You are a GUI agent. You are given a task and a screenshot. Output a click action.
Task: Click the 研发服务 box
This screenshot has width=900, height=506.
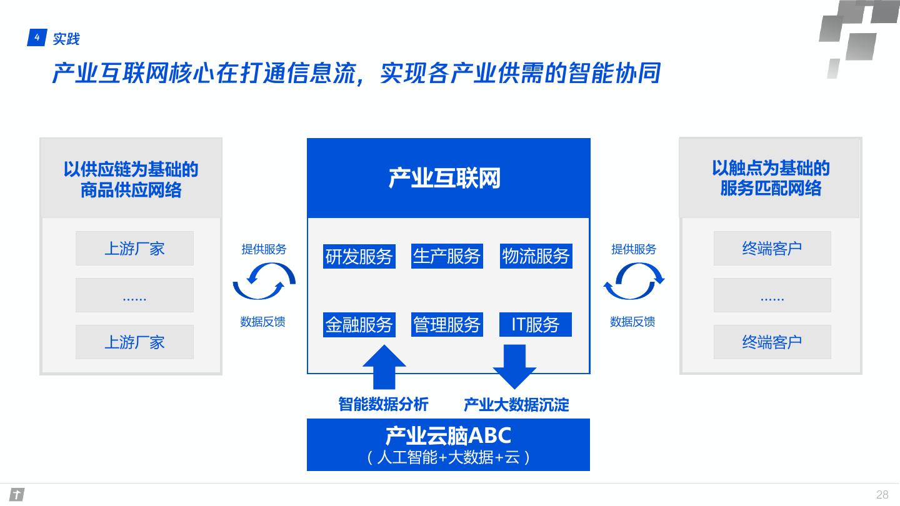click(359, 256)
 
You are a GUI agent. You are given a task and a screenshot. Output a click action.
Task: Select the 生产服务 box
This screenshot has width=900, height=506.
click(447, 256)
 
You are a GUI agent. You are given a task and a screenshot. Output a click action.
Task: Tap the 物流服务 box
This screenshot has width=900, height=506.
click(536, 256)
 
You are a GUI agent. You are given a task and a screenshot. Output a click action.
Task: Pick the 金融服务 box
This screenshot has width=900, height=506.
click(359, 324)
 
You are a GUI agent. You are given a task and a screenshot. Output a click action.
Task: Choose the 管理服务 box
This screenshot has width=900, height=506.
click(447, 324)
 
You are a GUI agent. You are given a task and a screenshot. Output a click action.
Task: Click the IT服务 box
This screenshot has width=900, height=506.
click(536, 324)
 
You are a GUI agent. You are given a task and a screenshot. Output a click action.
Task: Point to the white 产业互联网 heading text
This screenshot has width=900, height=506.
click(445, 179)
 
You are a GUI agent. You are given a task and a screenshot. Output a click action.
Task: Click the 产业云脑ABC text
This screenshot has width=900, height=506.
click(448, 435)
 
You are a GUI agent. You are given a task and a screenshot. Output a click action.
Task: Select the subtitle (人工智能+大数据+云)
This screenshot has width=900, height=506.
click(448, 458)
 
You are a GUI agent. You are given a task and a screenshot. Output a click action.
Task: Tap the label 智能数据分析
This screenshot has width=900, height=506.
click(384, 404)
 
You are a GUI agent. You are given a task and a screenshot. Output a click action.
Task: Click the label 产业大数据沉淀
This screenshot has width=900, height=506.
click(516, 405)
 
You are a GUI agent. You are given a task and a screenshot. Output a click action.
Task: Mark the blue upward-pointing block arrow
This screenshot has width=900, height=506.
click(384, 369)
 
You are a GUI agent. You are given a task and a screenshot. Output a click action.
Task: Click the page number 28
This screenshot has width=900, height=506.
click(882, 495)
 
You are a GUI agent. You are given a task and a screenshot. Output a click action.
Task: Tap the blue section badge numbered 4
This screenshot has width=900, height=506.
click(37, 38)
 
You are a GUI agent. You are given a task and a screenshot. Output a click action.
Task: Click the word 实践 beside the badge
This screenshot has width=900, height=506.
click(66, 39)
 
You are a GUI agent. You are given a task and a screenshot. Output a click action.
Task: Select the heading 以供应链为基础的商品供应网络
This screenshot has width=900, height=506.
click(131, 179)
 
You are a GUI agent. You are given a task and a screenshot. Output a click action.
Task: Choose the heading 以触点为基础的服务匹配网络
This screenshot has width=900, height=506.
click(771, 178)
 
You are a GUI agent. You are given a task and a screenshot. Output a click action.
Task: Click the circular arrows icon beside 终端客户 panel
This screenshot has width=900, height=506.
click(634, 281)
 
